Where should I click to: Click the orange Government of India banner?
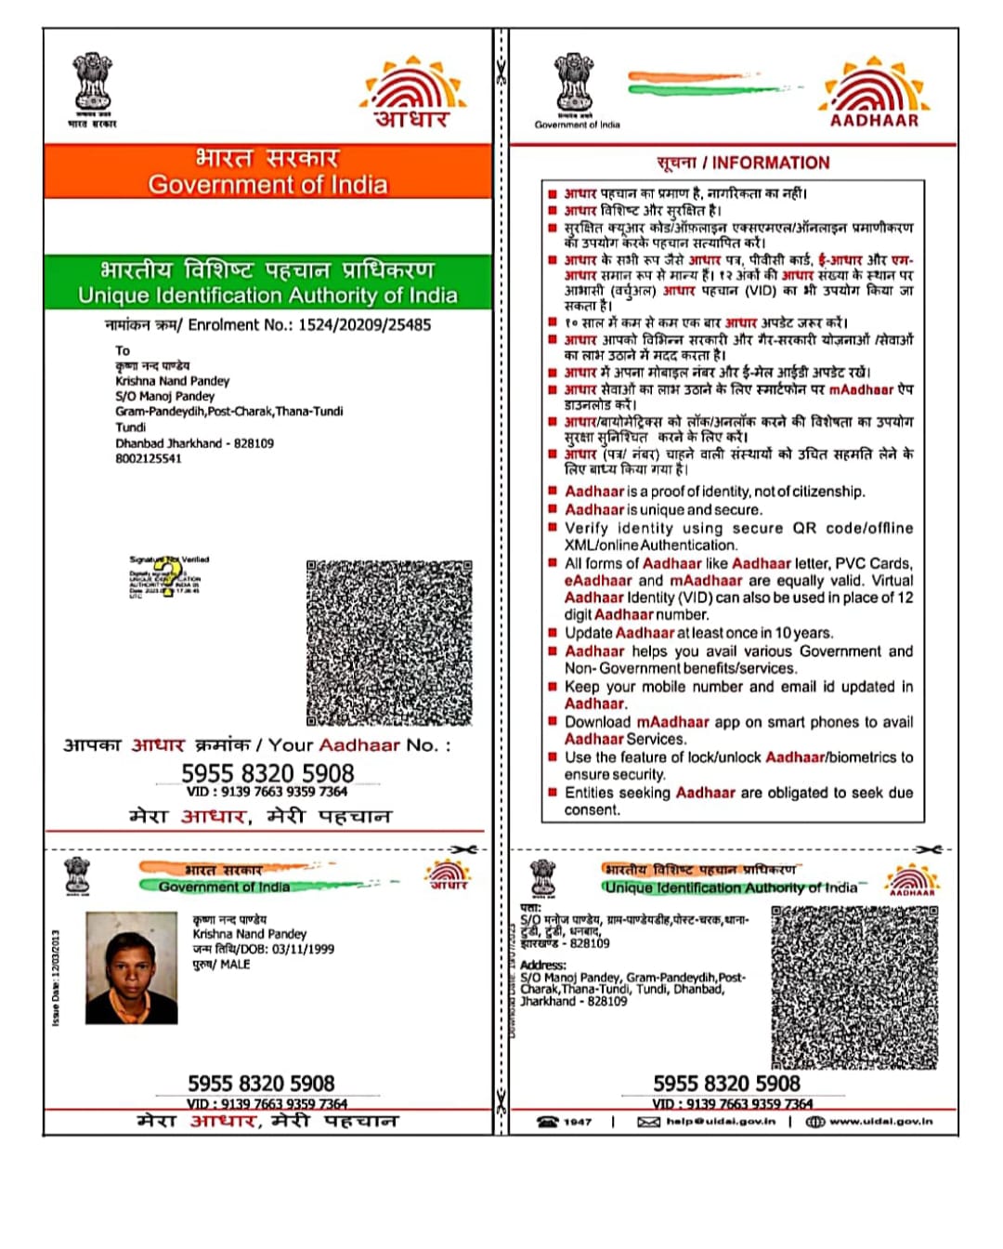click(267, 171)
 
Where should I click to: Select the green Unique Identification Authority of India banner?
click(267, 283)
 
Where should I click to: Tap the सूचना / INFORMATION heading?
click(743, 163)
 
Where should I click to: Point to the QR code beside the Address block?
click(853, 986)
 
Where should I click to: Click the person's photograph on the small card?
click(131, 967)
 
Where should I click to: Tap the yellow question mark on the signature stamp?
click(167, 576)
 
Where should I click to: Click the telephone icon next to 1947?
click(548, 1122)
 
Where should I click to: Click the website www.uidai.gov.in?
click(880, 1122)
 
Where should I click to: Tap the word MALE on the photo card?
click(235, 965)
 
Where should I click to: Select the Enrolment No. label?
click(199, 325)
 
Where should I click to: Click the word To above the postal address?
click(123, 350)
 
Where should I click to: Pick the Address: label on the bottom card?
click(543, 966)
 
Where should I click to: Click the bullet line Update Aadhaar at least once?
click(698, 633)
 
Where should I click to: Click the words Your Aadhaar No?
click(359, 745)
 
